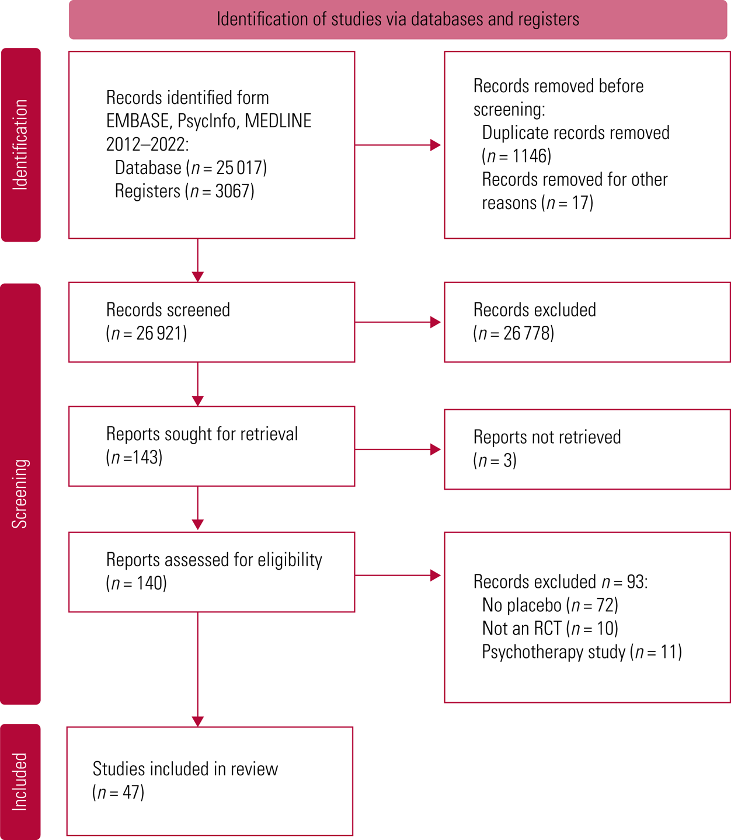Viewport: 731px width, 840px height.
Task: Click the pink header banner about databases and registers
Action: pyautogui.click(x=398, y=19)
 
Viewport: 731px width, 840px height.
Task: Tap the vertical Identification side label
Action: pyautogui.click(x=20, y=145)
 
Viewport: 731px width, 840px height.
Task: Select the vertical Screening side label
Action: pyautogui.click(x=20, y=493)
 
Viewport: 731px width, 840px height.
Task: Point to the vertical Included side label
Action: pyautogui.click(x=20, y=782)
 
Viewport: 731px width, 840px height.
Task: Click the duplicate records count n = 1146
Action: pyautogui.click(x=517, y=156)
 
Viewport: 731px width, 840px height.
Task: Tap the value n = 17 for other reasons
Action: pyautogui.click(x=568, y=203)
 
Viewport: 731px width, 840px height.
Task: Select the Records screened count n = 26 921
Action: pyautogui.click(x=147, y=333)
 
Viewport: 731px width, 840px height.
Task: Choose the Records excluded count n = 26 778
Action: pyautogui.click(x=514, y=333)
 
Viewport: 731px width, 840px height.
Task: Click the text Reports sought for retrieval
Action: pyautogui.click(x=202, y=434)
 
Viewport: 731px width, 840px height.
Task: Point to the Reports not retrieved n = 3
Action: pyautogui.click(x=495, y=461)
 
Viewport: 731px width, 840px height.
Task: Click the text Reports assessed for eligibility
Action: pyautogui.click(x=214, y=559)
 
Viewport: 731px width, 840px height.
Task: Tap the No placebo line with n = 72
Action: pyautogui.click(x=550, y=605)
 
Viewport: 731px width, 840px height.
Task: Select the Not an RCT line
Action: pyautogui.click(x=550, y=628)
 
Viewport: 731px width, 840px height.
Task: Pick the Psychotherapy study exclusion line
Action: pyautogui.click(x=582, y=651)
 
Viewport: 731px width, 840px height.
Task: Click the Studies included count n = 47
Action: pyautogui.click(x=119, y=792)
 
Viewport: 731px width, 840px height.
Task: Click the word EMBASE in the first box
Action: pyautogui.click(x=136, y=121)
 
